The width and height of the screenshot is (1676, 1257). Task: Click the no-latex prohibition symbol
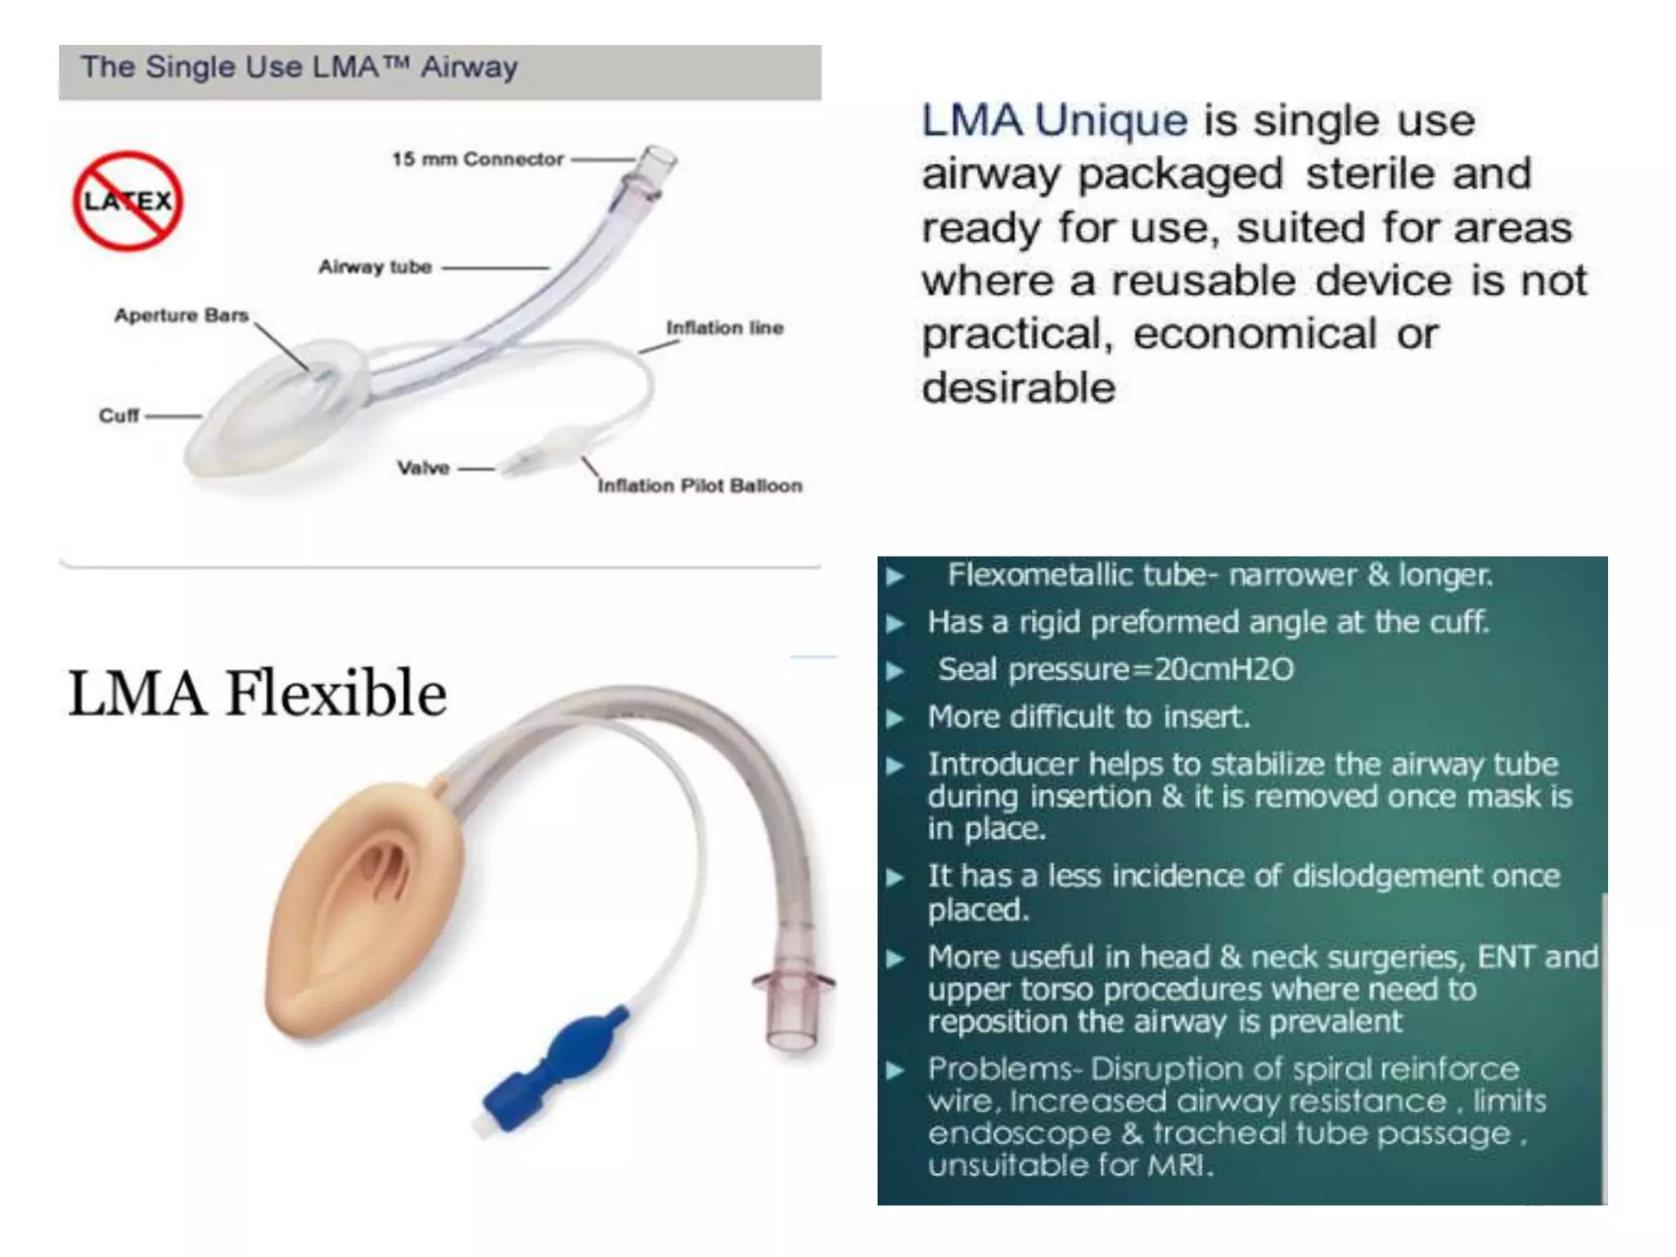[x=128, y=201]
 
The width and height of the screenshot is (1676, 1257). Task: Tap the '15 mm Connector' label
[x=477, y=159]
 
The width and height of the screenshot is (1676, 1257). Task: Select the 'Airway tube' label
[x=375, y=267]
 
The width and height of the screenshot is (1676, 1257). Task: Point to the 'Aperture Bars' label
[x=181, y=315]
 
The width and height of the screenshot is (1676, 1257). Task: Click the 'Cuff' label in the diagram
[x=119, y=416]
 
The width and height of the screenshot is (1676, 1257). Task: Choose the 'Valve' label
[x=423, y=468]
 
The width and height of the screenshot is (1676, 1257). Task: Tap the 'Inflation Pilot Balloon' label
[x=700, y=485]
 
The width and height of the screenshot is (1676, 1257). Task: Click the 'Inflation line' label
[x=724, y=327]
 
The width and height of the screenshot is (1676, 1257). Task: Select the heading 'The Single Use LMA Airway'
[x=299, y=67]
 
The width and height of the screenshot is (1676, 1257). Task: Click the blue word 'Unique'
[x=1111, y=121]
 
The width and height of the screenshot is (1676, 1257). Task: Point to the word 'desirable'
[x=1018, y=388]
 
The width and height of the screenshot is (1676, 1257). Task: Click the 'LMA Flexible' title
[x=257, y=693]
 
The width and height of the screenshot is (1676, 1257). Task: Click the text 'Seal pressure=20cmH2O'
[x=1115, y=669]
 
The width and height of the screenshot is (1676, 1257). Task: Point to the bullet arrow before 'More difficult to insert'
[x=895, y=719]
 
